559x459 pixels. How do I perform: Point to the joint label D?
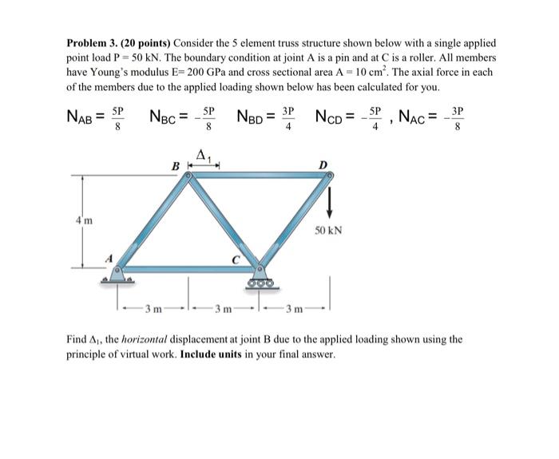coord(323,164)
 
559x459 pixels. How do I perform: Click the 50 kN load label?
coord(328,230)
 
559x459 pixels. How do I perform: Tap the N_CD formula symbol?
coord(334,118)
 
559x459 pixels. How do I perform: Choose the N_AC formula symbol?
coord(420,118)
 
